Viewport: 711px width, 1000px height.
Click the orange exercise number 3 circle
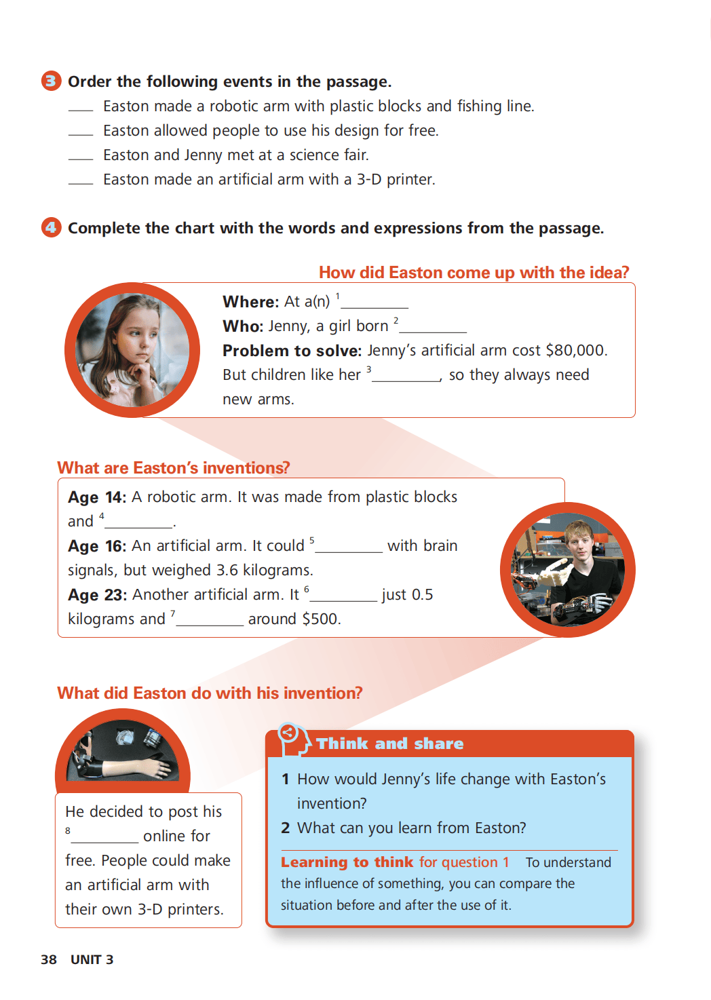tap(52, 81)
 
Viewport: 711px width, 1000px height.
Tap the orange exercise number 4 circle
tap(52, 227)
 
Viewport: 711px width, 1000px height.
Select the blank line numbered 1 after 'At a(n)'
tap(374, 307)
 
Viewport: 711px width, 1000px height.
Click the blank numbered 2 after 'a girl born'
tap(433, 332)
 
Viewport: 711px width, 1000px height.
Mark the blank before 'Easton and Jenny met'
tap(81, 159)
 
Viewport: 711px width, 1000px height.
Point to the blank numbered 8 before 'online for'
tap(105, 842)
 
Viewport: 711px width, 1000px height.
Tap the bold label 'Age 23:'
tap(97, 595)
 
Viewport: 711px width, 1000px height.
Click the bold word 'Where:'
tap(251, 302)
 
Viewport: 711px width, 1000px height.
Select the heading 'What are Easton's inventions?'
tap(174, 467)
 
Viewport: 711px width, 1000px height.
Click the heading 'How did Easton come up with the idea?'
tap(474, 272)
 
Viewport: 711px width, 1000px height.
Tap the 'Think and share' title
tap(390, 744)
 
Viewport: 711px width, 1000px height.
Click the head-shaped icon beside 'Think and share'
tap(294, 739)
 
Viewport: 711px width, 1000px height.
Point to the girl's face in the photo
tap(139, 335)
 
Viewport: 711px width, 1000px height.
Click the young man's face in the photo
tap(579, 543)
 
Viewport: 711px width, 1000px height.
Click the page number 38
tap(49, 959)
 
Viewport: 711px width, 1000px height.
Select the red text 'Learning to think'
tap(347, 862)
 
